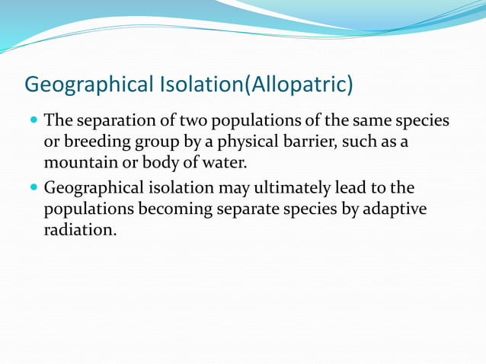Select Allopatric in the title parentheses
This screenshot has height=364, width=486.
click(298, 84)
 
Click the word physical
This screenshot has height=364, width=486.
click(218, 142)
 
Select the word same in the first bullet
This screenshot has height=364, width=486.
click(372, 122)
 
